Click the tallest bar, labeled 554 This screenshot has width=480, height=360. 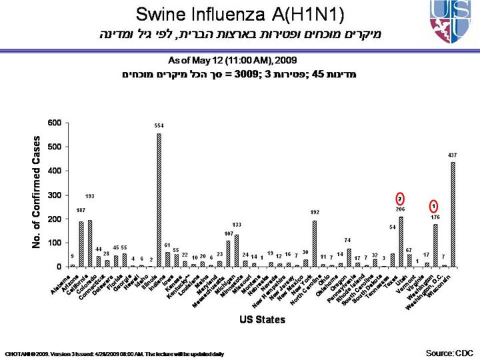(159, 200)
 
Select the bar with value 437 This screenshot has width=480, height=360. (453, 213)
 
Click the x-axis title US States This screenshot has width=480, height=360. (262, 319)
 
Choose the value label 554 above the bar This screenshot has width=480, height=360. (159, 126)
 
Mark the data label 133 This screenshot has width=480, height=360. (237, 225)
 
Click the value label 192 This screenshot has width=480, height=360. (315, 213)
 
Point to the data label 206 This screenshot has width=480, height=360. (401, 209)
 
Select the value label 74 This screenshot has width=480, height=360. (348, 240)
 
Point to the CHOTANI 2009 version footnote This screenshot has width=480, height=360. (113, 353)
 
